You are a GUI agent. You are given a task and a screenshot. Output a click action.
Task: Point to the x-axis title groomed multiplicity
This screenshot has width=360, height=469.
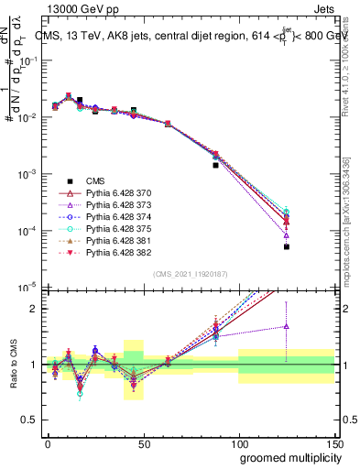click(x=286, y=456)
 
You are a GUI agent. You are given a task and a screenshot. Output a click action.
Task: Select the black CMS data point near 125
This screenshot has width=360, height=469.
click(x=286, y=246)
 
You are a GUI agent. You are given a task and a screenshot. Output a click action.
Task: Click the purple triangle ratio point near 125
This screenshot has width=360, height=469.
click(x=286, y=326)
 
